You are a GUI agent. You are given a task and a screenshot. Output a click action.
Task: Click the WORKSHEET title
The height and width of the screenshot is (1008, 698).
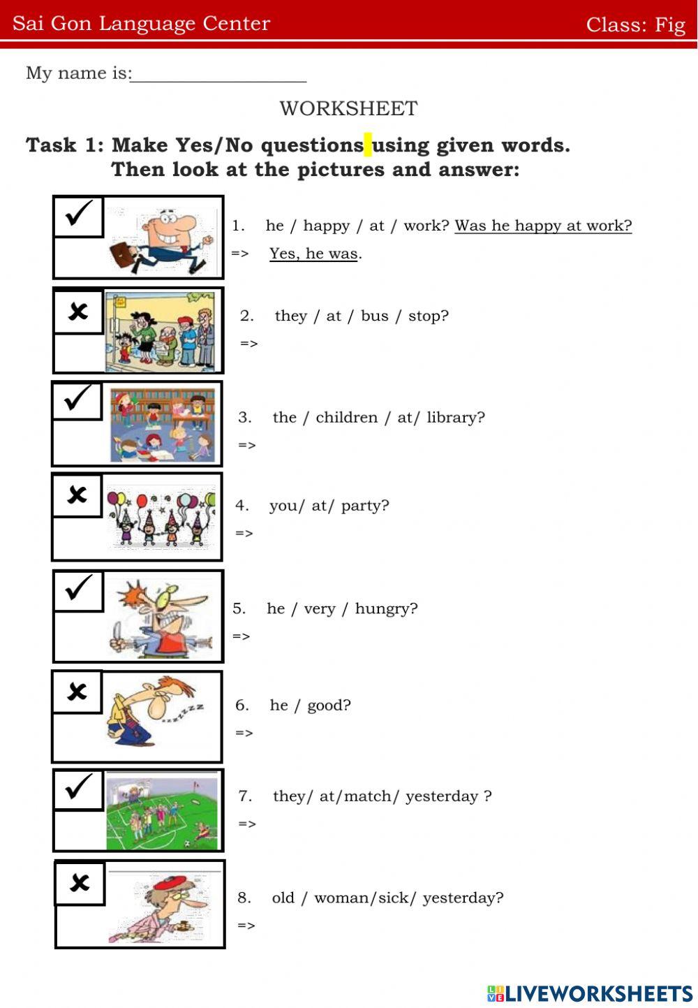pyautogui.click(x=348, y=108)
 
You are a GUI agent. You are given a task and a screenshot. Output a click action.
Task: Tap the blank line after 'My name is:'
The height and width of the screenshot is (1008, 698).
pyautogui.click(x=218, y=75)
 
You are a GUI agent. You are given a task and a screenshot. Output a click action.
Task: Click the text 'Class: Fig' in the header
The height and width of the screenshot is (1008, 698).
pyautogui.click(x=635, y=24)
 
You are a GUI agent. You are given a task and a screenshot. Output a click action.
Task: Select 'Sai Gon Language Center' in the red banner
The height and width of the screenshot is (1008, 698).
pyautogui.click(x=141, y=23)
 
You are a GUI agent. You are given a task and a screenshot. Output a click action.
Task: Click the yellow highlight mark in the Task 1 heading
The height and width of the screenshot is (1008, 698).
pyautogui.click(x=368, y=145)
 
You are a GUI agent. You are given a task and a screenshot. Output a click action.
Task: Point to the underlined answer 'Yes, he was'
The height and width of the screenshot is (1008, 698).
pyautogui.click(x=313, y=254)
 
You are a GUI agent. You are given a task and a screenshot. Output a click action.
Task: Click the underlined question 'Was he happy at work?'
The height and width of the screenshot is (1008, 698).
pyautogui.click(x=543, y=226)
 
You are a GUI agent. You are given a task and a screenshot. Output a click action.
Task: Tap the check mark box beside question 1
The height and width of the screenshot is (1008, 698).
pyautogui.click(x=78, y=217)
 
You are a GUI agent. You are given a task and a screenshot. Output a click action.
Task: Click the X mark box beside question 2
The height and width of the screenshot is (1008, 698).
pyautogui.click(x=78, y=311)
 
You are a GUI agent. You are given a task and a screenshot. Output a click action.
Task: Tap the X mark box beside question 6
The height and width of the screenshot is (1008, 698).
pyautogui.click(x=77, y=692)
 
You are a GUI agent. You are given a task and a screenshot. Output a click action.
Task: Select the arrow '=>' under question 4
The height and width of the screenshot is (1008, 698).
pyautogui.click(x=244, y=534)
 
